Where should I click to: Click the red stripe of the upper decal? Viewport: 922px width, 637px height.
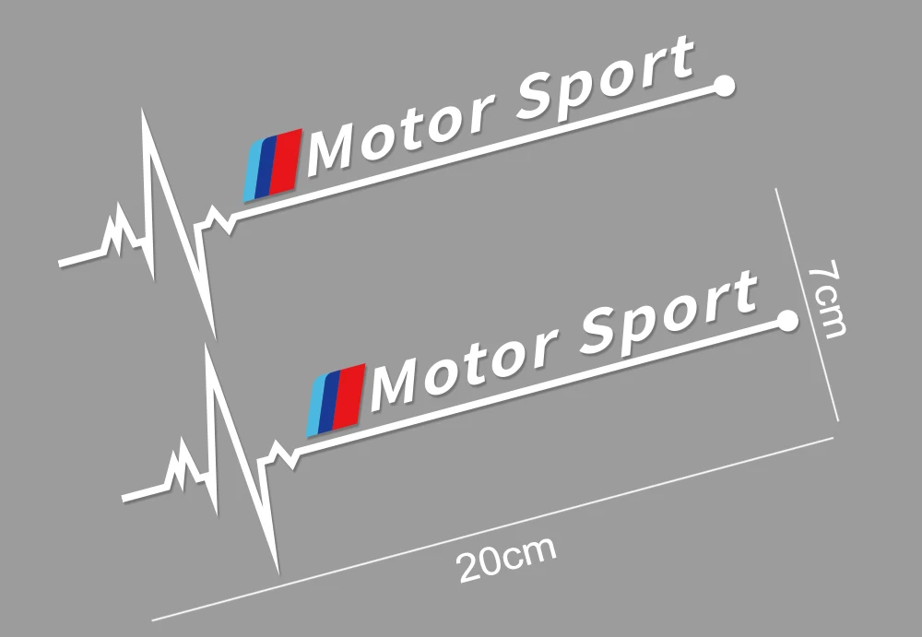289,160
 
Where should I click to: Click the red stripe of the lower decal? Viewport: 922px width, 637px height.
352,395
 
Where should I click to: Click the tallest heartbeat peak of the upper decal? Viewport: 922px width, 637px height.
144,114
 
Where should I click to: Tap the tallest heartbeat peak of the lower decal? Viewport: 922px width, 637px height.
207,348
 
